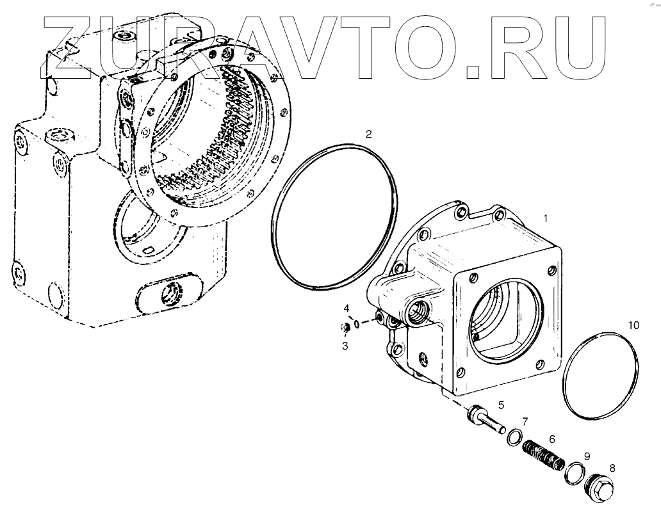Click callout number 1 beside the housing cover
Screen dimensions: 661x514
point(545,218)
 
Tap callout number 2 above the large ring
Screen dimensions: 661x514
point(368,134)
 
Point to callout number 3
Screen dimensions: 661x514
point(345,346)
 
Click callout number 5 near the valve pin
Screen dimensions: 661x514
point(501,404)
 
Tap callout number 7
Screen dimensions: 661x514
point(525,421)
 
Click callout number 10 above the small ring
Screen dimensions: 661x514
point(633,325)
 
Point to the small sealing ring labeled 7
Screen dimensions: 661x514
point(514,438)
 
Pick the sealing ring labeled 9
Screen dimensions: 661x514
point(574,474)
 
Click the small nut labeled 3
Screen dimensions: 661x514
point(344,329)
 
